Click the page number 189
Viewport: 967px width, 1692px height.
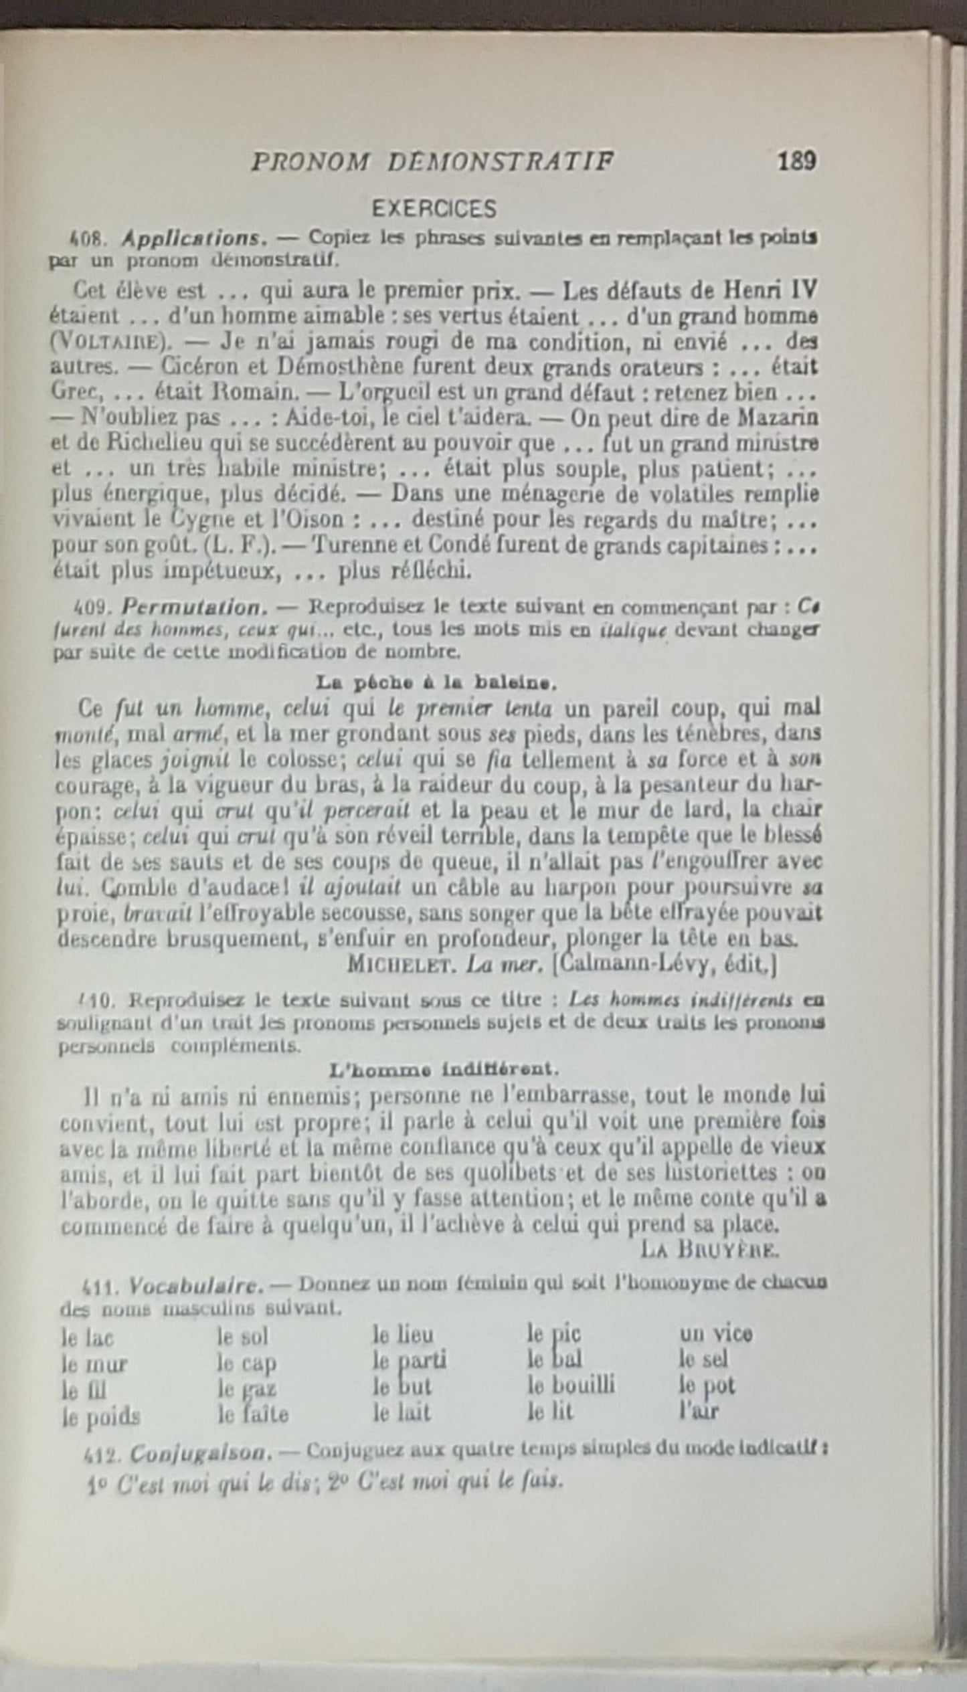pos(796,162)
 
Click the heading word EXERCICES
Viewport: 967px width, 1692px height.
pos(434,209)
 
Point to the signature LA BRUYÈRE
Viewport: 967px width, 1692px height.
pos(708,1248)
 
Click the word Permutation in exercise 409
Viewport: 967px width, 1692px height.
pos(193,607)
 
